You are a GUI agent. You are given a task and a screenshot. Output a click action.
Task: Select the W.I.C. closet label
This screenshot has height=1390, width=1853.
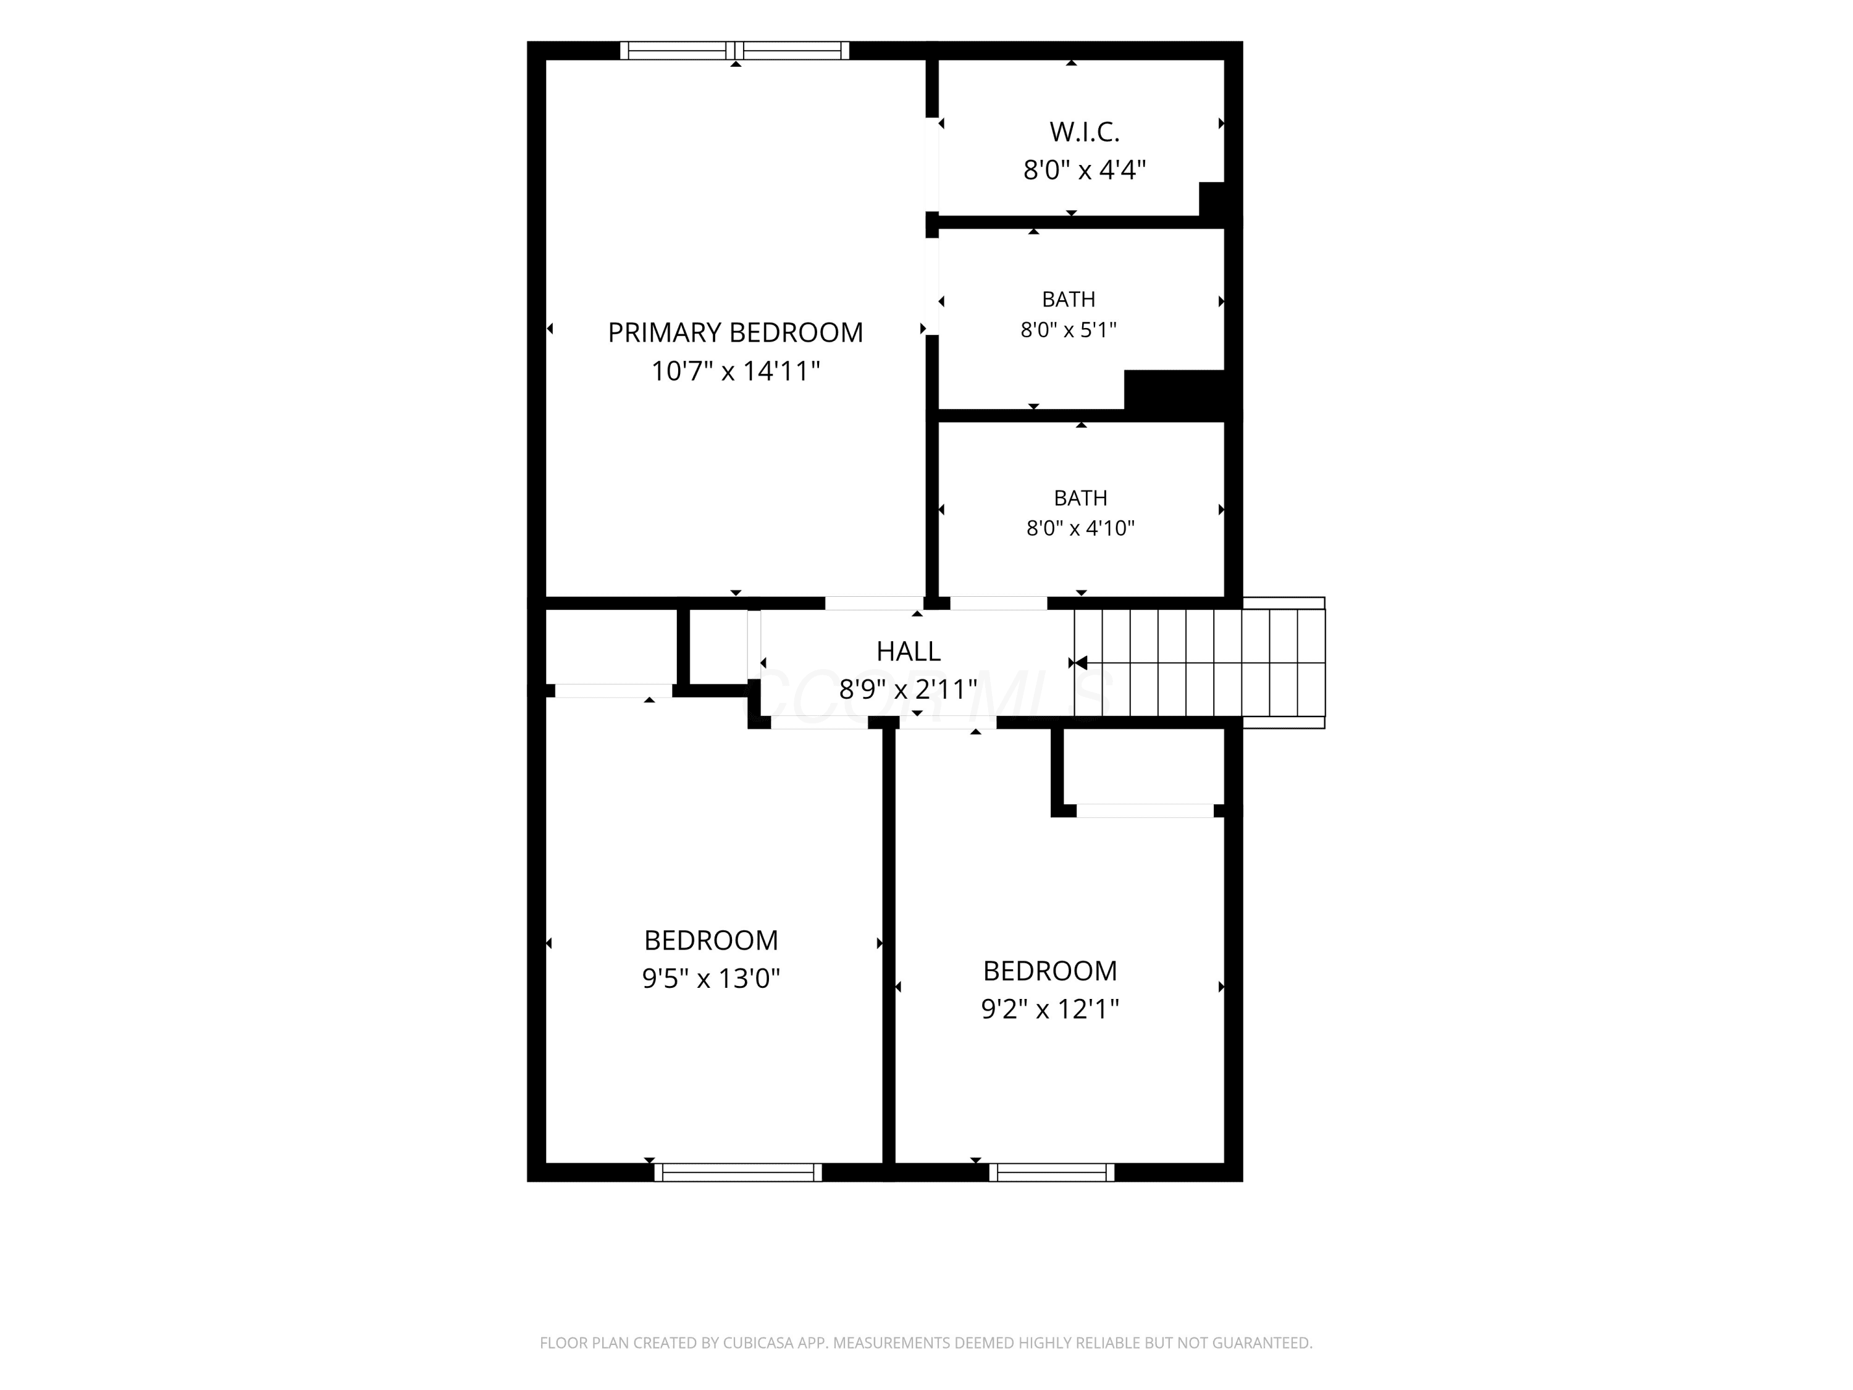[x=1084, y=132]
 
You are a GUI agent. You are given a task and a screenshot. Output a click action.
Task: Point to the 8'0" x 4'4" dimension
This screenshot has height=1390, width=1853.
[x=1084, y=170]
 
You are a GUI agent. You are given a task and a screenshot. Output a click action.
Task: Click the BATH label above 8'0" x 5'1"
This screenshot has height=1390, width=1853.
[x=1068, y=299]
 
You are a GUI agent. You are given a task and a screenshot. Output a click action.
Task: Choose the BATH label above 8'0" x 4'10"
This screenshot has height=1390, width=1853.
[x=1081, y=498]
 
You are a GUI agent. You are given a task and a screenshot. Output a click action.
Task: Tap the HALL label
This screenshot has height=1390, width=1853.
[x=908, y=651]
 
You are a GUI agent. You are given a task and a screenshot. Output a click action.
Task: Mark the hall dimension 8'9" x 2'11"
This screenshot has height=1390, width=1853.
[x=908, y=689]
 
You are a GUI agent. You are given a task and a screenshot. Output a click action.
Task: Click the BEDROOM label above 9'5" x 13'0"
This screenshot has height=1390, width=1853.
[x=711, y=940]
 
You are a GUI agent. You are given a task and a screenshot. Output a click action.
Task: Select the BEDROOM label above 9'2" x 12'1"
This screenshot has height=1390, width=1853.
[x=1049, y=971]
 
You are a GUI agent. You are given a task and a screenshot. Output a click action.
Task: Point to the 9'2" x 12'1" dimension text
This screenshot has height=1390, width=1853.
[x=1049, y=1009]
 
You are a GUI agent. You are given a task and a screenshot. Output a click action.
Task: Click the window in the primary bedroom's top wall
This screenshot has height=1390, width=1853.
[x=734, y=50]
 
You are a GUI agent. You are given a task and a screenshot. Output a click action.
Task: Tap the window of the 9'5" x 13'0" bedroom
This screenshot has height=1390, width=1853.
[x=738, y=1172]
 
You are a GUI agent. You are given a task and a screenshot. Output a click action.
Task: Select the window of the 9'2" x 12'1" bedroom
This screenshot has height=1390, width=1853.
[x=1051, y=1172]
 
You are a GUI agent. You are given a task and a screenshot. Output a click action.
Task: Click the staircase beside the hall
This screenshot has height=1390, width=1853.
[x=1200, y=663]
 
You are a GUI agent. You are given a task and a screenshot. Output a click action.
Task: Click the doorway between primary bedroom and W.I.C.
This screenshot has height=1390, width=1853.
[x=931, y=164]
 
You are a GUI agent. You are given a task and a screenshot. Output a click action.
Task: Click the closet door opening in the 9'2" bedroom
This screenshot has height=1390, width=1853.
[x=1145, y=810]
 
